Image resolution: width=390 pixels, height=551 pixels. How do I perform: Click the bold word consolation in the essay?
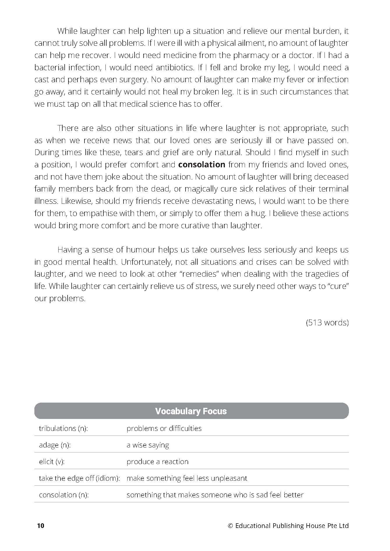(x=202, y=165)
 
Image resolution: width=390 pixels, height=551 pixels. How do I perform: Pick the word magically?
(x=200, y=189)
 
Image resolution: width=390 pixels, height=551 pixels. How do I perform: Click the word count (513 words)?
(x=327, y=322)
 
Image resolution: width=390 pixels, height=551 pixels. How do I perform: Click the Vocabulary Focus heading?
(x=191, y=411)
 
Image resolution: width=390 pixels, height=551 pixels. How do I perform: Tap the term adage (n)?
(x=55, y=445)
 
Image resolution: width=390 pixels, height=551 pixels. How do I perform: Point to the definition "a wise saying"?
(x=148, y=445)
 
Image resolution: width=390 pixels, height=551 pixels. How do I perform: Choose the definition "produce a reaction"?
(x=157, y=461)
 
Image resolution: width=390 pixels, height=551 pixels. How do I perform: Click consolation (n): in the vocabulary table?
(x=63, y=495)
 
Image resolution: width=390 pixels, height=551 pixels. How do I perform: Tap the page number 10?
(x=40, y=526)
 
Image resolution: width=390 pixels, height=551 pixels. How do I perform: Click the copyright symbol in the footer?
(x=230, y=526)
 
